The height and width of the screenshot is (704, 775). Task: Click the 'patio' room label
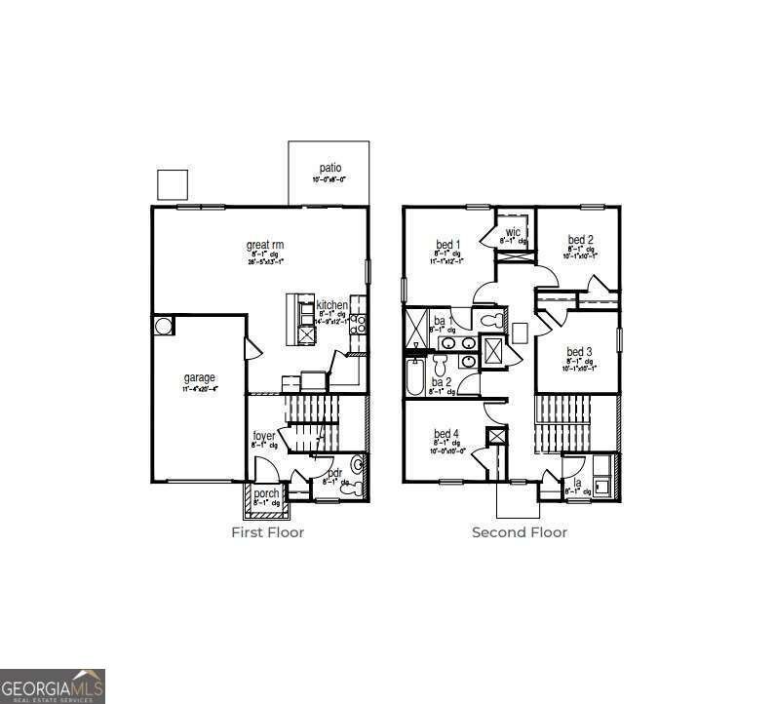[x=329, y=168]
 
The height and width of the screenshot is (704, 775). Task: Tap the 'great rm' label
[x=264, y=244]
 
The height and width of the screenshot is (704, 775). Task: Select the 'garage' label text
[x=200, y=377]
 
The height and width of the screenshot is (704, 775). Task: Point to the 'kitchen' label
[x=331, y=305]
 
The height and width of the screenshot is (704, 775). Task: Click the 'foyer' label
[x=263, y=435]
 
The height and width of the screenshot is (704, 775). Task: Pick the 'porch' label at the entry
[x=266, y=493]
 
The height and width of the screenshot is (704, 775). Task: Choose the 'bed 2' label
[x=581, y=240]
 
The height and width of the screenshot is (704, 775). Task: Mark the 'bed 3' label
[x=580, y=352]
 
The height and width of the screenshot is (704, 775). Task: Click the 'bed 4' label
[x=447, y=433]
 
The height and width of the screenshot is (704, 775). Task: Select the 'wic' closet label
[x=513, y=232]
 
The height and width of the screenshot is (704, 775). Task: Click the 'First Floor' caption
[x=267, y=532]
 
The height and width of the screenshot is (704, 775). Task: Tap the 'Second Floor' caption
[x=520, y=532]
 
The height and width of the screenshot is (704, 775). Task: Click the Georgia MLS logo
[x=53, y=685]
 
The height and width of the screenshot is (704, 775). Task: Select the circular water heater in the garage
[x=162, y=325]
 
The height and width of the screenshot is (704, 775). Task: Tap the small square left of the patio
[x=173, y=183]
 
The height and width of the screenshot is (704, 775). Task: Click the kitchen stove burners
[x=358, y=324]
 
